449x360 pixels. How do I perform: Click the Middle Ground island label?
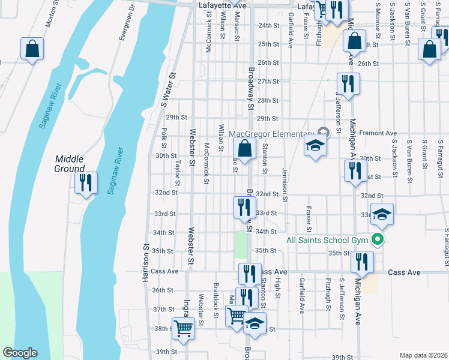pos(70,163)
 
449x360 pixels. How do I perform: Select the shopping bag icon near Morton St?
pos(32,48)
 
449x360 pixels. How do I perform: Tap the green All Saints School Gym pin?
pos(378,240)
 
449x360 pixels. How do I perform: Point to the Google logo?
pos(20,353)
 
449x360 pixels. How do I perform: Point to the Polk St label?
pos(164,136)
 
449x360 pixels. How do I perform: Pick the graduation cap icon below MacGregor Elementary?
pos(315,146)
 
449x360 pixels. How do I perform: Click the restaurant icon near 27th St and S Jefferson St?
pos(348,83)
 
